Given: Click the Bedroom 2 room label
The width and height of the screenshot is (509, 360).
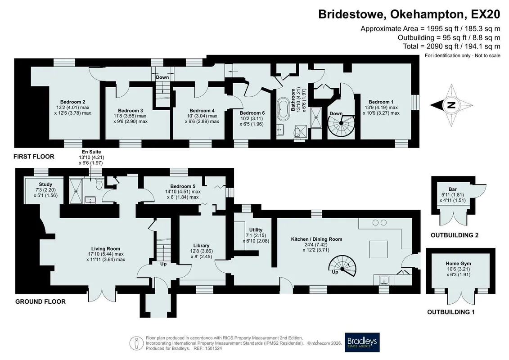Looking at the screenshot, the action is tap(73, 102).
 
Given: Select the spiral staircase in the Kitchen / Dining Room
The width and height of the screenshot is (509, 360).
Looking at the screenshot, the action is tap(343, 265).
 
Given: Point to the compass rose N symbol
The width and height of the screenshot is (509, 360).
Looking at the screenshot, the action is tap(451, 105).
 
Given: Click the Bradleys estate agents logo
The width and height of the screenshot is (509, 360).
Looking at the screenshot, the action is tap(362, 342).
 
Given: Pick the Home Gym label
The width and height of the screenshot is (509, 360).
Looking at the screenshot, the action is tap(458, 264).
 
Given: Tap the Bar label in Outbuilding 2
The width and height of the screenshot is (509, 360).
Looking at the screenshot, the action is tap(452, 189).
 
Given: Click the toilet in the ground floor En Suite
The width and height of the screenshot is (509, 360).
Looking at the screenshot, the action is tap(99, 184).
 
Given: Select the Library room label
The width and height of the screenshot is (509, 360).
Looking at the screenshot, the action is tap(201, 246).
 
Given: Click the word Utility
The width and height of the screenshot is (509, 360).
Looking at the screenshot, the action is tap(256, 230).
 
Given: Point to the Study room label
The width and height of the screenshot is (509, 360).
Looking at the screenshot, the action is tap(45, 184).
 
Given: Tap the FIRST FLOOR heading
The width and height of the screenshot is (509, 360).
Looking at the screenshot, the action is tap(34, 157).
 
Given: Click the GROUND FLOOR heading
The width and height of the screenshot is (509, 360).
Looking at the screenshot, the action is tap(41, 301).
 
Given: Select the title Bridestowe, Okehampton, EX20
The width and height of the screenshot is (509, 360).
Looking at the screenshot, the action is tap(409, 14).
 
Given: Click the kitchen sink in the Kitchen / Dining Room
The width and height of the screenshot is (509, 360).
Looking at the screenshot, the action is tap(384, 279).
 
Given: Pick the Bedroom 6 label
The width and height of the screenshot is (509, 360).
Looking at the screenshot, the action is tap(252, 113).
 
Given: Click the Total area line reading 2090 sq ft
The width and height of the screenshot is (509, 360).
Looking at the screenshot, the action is tap(451, 46).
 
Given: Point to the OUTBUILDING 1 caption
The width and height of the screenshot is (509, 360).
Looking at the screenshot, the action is tap(451, 312).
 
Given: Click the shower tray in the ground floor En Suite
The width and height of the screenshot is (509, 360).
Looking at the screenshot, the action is tap(77, 191).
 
